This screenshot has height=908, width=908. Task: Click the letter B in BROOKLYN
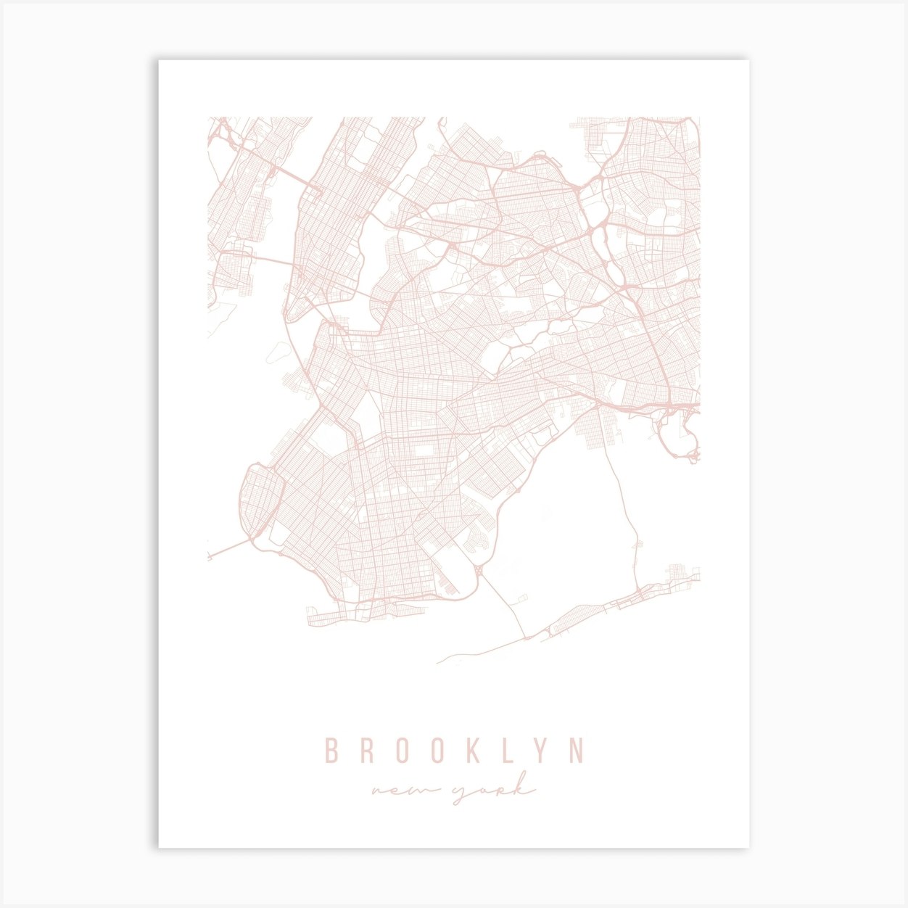coord(331,751)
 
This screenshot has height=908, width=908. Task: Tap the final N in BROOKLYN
coord(577,751)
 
